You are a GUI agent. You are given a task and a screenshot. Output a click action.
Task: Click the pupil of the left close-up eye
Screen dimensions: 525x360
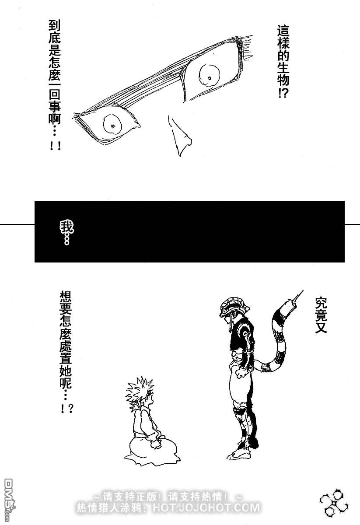(113, 125)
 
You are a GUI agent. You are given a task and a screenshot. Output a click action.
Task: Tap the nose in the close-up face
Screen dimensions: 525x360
(180, 136)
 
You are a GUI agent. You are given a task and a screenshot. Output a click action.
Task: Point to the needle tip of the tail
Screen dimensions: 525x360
(301, 290)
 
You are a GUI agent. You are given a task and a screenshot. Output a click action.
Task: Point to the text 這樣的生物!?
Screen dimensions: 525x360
(283, 61)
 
